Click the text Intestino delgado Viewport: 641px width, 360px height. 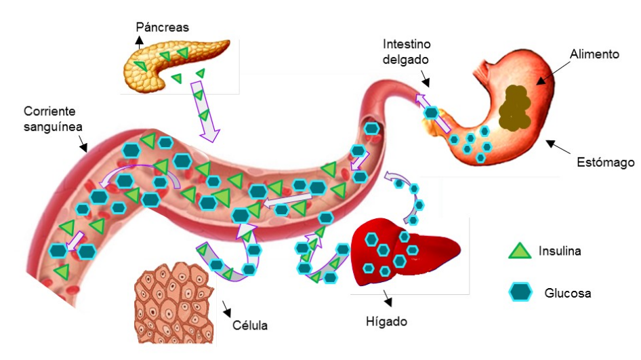tap(407, 52)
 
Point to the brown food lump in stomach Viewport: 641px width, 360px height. tap(516, 108)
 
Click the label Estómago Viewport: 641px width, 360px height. tap(605, 163)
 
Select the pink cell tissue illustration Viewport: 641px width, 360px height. tap(174, 302)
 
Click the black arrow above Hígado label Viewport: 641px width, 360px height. tap(388, 299)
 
